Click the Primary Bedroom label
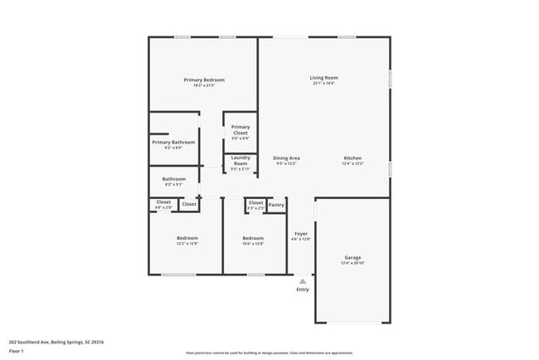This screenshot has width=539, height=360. pos(204,80)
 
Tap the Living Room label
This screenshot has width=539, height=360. pos(325,78)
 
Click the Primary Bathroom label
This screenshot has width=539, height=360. pos(173,142)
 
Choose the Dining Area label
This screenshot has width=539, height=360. pos(287,158)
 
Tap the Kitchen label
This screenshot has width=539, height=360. pos(353,158)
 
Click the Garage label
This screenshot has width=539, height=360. pos(353,257)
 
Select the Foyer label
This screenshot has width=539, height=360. pos(302,233)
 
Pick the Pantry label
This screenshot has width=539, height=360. pos(277,203)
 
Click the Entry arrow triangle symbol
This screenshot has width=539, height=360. pos(303,281)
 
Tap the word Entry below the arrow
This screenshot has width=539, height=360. pos(303,289)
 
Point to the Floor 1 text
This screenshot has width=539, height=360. pos(17,351)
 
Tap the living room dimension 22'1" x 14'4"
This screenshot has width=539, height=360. pos(324,84)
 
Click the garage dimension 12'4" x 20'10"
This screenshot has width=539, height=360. pos(353,263)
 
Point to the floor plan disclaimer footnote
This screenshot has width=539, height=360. pos(269,352)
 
